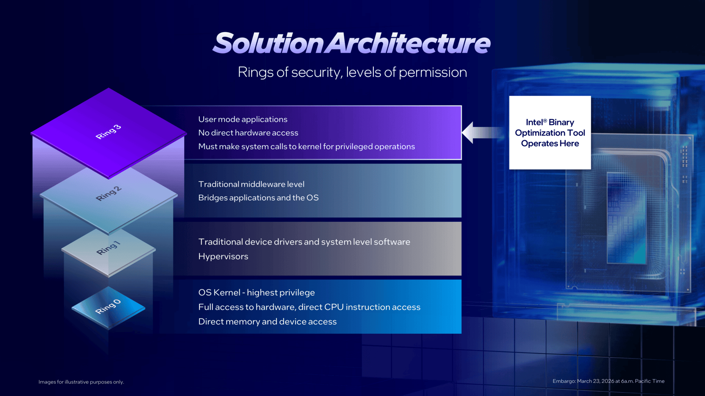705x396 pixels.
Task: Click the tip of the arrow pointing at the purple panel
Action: point(462,132)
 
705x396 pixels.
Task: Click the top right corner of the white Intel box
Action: point(591,96)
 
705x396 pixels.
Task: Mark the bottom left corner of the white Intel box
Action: point(509,169)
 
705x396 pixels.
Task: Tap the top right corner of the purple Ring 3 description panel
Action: point(461,106)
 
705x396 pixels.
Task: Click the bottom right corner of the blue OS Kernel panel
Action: point(461,333)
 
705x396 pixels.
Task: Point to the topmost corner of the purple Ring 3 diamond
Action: point(108,88)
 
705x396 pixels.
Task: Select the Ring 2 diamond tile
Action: point(109,200)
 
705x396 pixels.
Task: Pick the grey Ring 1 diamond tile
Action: point(109,252)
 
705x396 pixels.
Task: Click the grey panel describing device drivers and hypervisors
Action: point(317,249)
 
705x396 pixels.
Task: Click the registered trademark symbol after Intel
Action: point(545,120)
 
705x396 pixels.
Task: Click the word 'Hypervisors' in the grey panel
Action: point(223,256)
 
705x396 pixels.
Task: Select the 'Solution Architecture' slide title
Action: point(351,43)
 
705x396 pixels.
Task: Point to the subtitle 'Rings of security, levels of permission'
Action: point(352,72)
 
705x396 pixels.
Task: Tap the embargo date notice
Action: point(608,381)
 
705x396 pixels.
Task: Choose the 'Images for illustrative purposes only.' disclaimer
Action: point(81,382)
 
